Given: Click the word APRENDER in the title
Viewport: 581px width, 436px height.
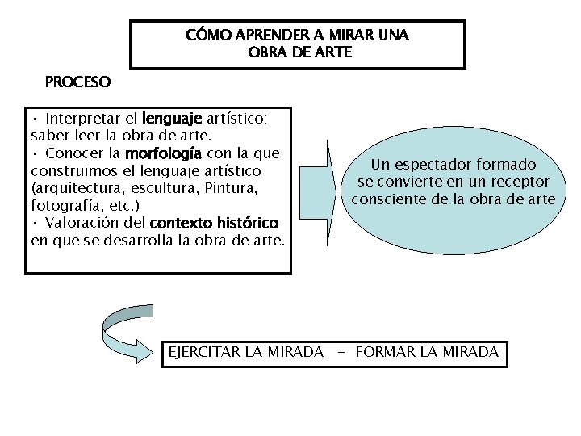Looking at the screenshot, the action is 268,36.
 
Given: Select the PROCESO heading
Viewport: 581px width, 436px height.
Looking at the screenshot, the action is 77,82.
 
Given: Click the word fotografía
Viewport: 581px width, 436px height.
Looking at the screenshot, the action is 68,205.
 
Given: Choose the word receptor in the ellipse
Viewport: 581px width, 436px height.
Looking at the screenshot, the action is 520,182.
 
